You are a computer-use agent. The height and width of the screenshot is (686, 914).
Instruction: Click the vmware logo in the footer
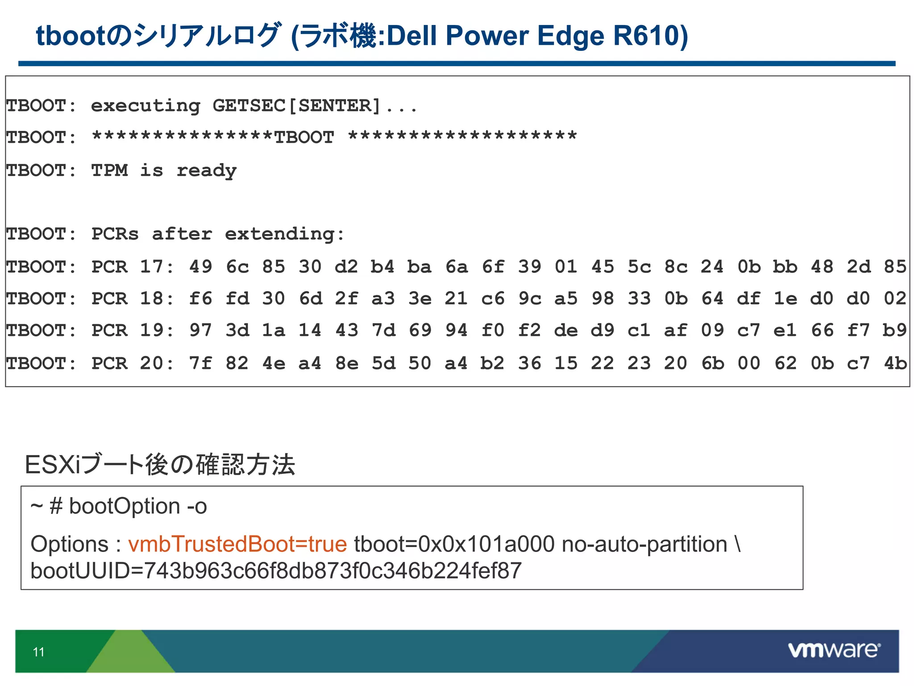(834, 650)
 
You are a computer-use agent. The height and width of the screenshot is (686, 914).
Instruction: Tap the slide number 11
(39, 652)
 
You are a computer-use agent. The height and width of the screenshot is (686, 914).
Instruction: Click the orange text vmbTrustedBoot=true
(237, 544)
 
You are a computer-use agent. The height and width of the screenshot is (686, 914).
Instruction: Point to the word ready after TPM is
(207, 171)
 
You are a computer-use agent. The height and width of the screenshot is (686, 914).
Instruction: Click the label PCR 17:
(133, 267)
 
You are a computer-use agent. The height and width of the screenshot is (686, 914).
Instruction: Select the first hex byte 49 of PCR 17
(200, 267)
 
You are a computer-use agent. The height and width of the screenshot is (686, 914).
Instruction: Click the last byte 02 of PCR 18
(895, 298)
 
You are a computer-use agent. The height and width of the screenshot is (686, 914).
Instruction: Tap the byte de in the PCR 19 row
(566, 330)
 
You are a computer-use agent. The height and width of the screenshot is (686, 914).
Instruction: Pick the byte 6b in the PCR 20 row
(712, 363)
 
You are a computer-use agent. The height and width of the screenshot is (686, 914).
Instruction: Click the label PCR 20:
(133, 363)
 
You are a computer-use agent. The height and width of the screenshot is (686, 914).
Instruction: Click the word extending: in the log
(285, 234)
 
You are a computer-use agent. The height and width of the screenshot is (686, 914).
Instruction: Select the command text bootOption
(125, 506)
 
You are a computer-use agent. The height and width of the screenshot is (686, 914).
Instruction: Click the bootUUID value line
(276, 571)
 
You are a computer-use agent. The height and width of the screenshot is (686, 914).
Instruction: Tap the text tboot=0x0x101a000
(454, 544)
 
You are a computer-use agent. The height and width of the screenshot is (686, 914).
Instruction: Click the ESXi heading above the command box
(160, 464)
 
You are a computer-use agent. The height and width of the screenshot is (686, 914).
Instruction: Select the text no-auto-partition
(644, 544)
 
